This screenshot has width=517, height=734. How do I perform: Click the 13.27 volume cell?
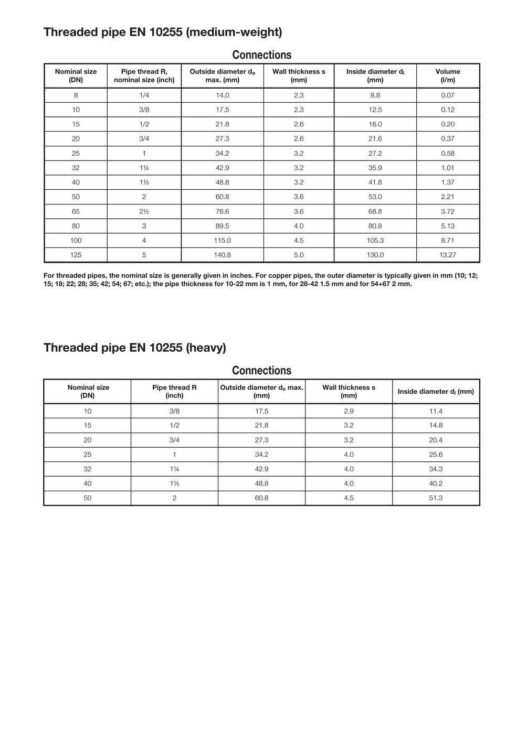click(447, 255)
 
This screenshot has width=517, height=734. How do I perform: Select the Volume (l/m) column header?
click(447, 75)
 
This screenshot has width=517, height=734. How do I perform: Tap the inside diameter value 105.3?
click(375, 240)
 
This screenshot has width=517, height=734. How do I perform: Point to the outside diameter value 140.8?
click(222, 255)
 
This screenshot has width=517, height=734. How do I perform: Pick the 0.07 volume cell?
click(447, 95)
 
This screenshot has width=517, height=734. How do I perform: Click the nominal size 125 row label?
click(76, 255)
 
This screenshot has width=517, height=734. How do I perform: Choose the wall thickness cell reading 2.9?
click(349, 411)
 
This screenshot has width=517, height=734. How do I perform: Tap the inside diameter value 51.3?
click(436, 498)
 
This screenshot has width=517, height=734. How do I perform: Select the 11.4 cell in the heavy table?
click(436, 411)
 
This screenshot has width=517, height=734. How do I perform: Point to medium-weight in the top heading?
click(234, 32)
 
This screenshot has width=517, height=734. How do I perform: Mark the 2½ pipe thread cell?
click(144, 211)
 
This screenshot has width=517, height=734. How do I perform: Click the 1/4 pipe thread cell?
click(144, 95)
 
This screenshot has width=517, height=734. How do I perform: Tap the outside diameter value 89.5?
click(222, 226)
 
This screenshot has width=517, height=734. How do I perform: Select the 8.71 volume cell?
click(447, 240)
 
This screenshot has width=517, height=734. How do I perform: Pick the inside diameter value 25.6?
click(436, 455)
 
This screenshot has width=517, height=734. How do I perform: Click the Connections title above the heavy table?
click(261, 370)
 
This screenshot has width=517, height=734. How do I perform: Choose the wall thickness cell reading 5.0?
click(299, 255)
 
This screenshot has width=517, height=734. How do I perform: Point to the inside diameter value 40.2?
click(436, 483)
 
